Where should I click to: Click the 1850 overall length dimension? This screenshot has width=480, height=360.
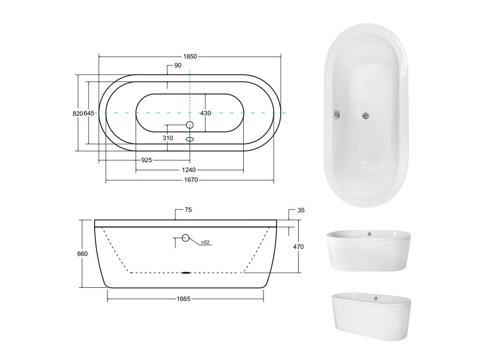click(190, 57)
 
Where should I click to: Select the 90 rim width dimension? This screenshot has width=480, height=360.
click(178, 66)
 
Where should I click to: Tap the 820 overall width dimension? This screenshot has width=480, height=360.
click(78, 113)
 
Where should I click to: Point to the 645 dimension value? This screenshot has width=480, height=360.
click(89, 113)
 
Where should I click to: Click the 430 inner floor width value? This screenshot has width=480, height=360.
click(206, 113)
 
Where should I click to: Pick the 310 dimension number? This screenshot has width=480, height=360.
click(168, 138)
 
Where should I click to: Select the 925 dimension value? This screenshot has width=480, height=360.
click(147, 160)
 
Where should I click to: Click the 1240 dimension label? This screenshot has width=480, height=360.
click(188, 170)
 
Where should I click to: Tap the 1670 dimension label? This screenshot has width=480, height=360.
click(191, 180)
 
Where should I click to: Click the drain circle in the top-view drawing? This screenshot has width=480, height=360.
click(190, 125)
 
